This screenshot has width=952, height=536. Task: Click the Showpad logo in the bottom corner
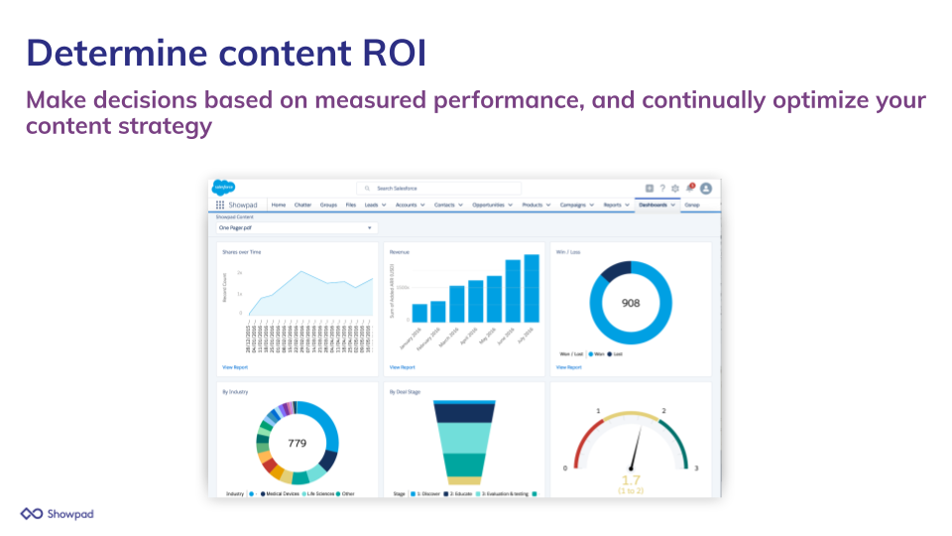(58, 513)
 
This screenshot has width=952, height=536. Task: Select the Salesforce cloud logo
(224, 188)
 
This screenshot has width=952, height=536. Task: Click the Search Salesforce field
(438, 188)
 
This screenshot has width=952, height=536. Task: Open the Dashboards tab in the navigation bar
(655, 205)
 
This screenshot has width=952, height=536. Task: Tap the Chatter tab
(302, 205)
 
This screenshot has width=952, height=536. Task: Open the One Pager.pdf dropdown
(297, 228)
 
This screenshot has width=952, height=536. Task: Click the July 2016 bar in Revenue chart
(533, 288)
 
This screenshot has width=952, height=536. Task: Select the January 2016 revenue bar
(419, 313)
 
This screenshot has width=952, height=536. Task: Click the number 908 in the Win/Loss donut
(631, 303)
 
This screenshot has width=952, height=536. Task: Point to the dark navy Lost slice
(617, 269)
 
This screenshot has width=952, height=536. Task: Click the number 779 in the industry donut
(297, 443)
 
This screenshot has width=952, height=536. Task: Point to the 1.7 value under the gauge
(631, 480)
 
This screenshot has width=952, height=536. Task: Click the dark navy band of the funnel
(465, 413)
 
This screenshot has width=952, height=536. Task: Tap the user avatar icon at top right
(706, 188)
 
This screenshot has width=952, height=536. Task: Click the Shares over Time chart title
(243, 252)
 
